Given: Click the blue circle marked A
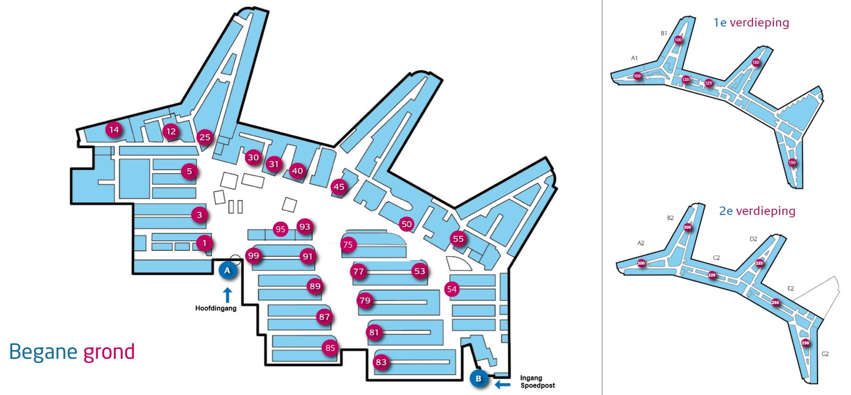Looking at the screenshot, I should click(x=228, y=270).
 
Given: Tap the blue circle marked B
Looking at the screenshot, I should click(x=479, y=378).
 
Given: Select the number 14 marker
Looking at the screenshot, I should click(x=114, y=129).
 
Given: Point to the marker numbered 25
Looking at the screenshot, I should click(x=205, y=137).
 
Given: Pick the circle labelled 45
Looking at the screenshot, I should click(x=339, y=187).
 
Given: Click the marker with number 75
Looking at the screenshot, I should click(x=348, y=245).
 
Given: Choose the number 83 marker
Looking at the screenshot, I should click(x=381, y=363).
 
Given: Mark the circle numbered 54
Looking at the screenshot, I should click(x=452, y=289).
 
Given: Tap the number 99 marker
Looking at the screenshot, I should click(x=254, y=256).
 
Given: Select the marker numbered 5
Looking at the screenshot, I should click(x=189, y=171).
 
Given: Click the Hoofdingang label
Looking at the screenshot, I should click(x=215, y=308).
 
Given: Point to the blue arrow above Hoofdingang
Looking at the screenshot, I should click(x=228, y=295).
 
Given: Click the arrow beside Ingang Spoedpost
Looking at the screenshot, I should click(x=503, y=384).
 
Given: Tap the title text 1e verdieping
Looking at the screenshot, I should click(x=751, y=22).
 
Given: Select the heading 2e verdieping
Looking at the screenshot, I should click(x=757, y=211).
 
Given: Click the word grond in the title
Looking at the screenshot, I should click(x=109, y=352).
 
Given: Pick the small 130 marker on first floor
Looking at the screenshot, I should click(x=756, y=62).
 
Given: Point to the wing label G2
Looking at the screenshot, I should click(x=825, y=354).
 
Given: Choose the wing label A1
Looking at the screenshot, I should click(x=635, y=58).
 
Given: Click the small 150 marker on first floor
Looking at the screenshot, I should click(x=792, y=162).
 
